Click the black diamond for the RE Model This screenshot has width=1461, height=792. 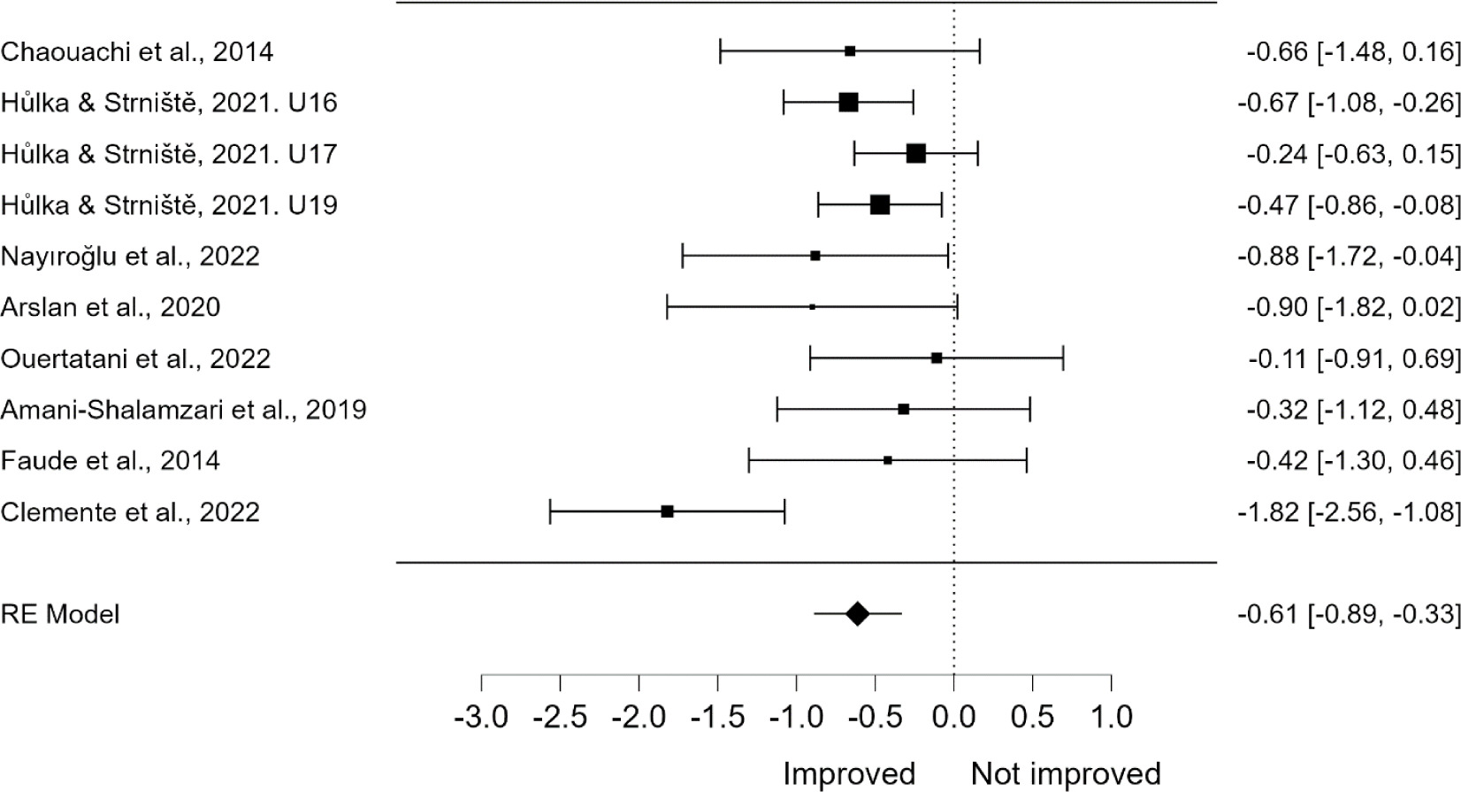coord(857,613)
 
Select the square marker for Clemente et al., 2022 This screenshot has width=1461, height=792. coord(668,511)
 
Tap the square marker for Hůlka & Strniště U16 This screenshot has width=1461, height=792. coord(848,103)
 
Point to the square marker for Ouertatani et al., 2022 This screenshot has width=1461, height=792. coord(937,358)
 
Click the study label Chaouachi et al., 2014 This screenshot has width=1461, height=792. coord(137,52)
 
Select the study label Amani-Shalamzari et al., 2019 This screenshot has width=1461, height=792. coord(184,410)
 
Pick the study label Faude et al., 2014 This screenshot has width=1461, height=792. coord(111,461)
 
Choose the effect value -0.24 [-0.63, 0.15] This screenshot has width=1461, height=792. coord(1353,154)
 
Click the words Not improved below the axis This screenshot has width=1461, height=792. coord(1066,773)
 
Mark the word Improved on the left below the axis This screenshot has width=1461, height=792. coord(849,773)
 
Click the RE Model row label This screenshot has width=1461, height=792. coord(60,614)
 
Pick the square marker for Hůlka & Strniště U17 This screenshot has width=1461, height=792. coord(916,154)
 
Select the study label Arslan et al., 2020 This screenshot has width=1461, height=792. coord(111,307)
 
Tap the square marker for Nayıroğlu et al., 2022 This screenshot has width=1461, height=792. coord(815,256)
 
